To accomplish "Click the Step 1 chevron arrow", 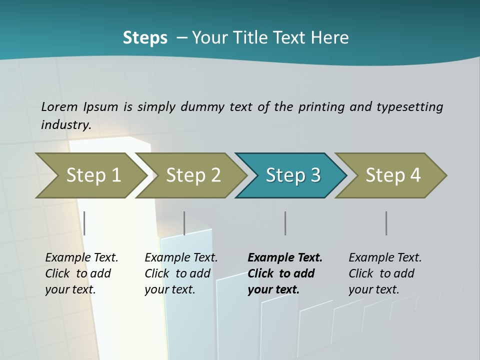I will click(x=92, y=175).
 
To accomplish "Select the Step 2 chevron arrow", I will click(x=192, y=175).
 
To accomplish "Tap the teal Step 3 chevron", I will click(x=292, y=175).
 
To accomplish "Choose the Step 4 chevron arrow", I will click(x=392, y=175).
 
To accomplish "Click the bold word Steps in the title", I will click(x=145, y=37).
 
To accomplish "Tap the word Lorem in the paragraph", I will click(x=59, y=106).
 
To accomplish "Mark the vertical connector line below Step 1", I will click(x=84, y=223).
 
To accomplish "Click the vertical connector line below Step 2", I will click(x=184, y=223).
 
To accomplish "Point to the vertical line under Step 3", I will click(x=285, y=223).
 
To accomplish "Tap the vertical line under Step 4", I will click(x=386, y=223).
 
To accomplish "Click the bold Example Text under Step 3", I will click(x=285, y=257).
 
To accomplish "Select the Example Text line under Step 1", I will click(x=81, y=257).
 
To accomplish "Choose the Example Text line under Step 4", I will click(x=385, y=257).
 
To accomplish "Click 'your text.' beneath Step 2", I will click(x=169, y=289).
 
